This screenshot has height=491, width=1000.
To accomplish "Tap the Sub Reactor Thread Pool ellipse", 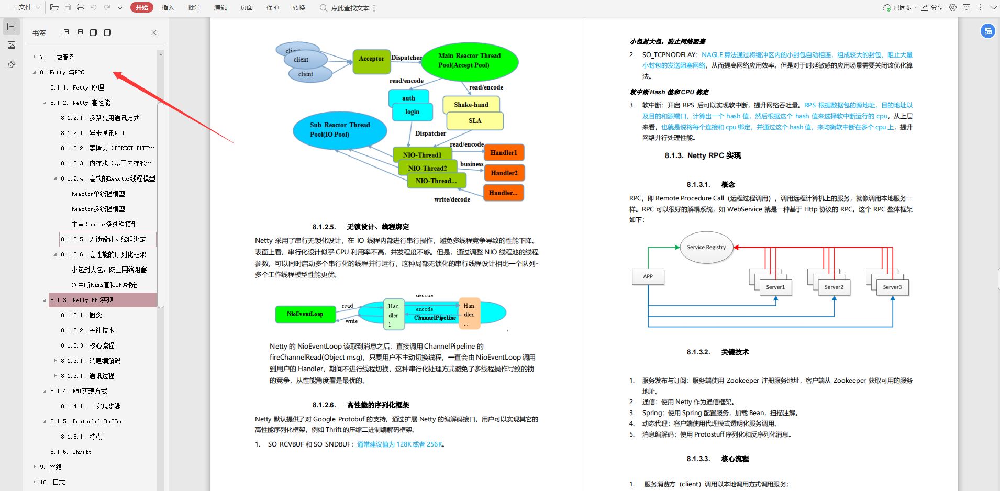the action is point(340,130).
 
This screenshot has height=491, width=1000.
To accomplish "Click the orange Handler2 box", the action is point(504,173).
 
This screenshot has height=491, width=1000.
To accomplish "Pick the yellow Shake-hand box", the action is point(471,105).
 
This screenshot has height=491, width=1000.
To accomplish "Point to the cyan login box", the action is point(413,112).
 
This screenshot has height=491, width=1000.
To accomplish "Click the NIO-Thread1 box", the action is point(422,155).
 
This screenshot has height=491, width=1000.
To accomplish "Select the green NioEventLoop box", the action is point(305,314).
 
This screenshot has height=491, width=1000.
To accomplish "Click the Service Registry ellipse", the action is point(706,247).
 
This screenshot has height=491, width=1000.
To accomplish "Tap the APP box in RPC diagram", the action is point(648,276).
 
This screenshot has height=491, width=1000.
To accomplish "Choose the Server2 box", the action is point(834,287).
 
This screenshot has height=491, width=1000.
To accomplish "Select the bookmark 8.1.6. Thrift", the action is point(71,452).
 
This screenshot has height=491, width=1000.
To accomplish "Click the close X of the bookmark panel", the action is point(154,32).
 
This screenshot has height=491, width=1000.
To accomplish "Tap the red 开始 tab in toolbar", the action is point(142,7).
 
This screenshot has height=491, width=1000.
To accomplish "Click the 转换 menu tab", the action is point(299,8).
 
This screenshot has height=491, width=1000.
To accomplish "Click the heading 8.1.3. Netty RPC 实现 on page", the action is point(703,155).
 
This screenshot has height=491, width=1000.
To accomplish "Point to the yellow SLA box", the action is point(475,121).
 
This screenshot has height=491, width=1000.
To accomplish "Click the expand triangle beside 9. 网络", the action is point(35,467).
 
